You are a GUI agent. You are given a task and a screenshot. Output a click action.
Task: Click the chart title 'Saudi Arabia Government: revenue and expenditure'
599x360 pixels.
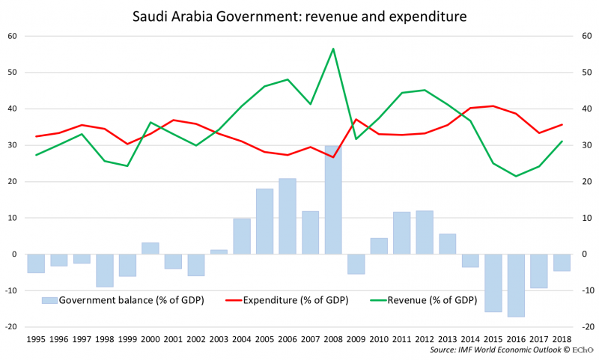coord(299,15)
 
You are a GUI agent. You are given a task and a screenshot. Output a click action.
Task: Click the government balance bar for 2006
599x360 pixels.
coord(288,216)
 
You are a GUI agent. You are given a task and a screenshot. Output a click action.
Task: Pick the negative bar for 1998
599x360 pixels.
coord(105,270)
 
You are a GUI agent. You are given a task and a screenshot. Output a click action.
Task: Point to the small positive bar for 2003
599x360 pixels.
coord(219,252)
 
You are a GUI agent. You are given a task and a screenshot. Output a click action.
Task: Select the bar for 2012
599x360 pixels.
coord(424,233)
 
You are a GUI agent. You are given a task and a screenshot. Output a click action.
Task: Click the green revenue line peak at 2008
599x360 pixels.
coord(332,49)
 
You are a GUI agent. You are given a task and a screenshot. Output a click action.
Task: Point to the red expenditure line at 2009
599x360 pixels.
coord(356,119)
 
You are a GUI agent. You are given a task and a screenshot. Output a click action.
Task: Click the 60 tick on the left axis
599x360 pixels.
coord(12,36)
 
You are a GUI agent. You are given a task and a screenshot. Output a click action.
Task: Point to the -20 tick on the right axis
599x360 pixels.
coord(586,327)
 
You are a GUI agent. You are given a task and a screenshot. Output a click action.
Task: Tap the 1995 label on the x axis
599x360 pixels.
coord(36,340)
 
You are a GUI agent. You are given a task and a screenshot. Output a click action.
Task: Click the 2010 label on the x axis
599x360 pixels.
coord(378,340)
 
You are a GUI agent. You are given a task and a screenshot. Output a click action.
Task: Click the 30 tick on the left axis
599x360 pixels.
coord(12,145)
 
